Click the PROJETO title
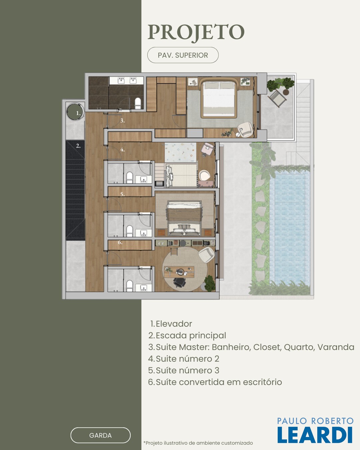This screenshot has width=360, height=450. pyautogui.click(x=196, y=32)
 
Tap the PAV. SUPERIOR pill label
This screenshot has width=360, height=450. pyautogui.click(x=183, y=55)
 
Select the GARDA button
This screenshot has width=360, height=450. pyautogui.click(x=100, y=435)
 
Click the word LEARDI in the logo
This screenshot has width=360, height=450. pyautogui.click(x=315, y=435)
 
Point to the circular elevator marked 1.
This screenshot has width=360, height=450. pyautogui.click(x=75, y=112)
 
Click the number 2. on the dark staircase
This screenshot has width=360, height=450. pyautogui.click(x=78, y=146)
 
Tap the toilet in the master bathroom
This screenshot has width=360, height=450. pyautogui.click(x=138, y=103)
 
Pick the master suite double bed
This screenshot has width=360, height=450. pyautogui.click(x=219, y=98)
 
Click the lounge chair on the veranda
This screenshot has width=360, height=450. pyautogui.click(x=277, y=98)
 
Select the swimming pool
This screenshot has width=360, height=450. pyautogui.click(x=290, y=226)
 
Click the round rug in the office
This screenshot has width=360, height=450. pyautogui.click(x=185, y=269)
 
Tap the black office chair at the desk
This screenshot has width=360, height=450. pyautogui.click(x=180, y=283)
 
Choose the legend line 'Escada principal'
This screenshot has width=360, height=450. pyautogui.click(x=187, y=335)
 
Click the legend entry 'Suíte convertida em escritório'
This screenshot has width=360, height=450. pyautogui.click(x=215, y=382)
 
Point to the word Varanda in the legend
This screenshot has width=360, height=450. pyautogui.click(x=336, y=347)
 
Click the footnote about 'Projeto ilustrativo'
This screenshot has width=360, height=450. pyautogui.click(x=198, y=443)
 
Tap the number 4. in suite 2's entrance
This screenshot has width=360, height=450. pyautogui.click(x=122, y=150)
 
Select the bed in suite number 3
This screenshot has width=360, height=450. pyautogui.click(x=184, y=219)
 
